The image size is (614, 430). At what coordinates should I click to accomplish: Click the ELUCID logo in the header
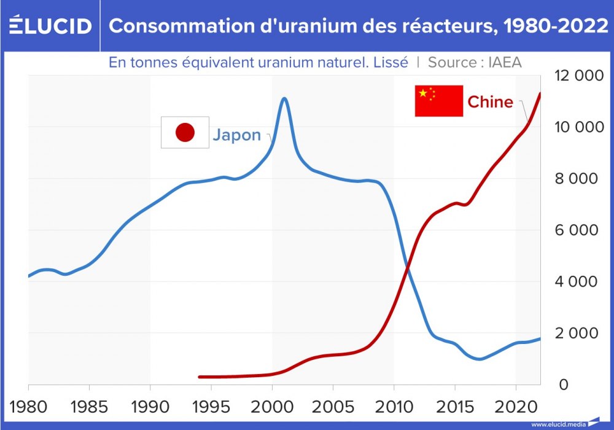pos(50,26)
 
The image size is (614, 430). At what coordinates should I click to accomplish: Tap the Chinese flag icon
pos(438,101)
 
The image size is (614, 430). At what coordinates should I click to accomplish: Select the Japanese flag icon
pos(185,132)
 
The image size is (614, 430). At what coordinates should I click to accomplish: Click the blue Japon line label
pos(236,135)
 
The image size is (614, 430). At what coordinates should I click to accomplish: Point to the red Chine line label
pos(490,101)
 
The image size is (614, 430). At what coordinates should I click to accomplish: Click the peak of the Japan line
pos(284,98)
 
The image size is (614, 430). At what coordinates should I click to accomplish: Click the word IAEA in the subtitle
pos(505,62)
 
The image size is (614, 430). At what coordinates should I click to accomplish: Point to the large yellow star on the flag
pos(422,93)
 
